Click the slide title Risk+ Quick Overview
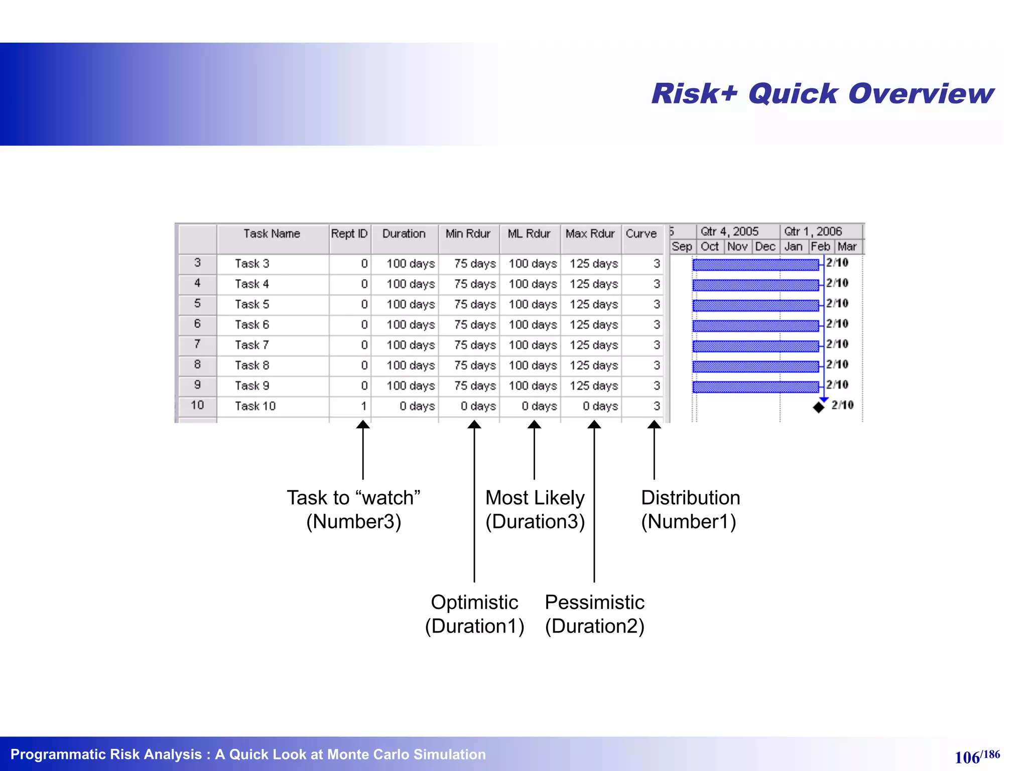pos(822,94)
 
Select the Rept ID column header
pos(349,234)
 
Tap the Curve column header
pos(641,234)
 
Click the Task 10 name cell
pos(255,406)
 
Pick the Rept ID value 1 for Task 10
pos(363,406)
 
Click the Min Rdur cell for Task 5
pos(474,305)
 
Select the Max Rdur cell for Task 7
pos(593,345)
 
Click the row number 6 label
pos(197,324)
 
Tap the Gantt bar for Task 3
pos(755,265)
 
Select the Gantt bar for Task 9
pos(755,387)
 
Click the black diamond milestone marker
pos(819,407)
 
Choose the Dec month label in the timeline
pos(765,247)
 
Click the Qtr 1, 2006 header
pos(813,231)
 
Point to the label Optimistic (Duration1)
pos(474,614)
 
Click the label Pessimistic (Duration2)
pos(594,614)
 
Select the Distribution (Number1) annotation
pos(690,509)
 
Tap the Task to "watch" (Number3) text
pos(353,509)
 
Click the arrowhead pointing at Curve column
pos(654,425)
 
